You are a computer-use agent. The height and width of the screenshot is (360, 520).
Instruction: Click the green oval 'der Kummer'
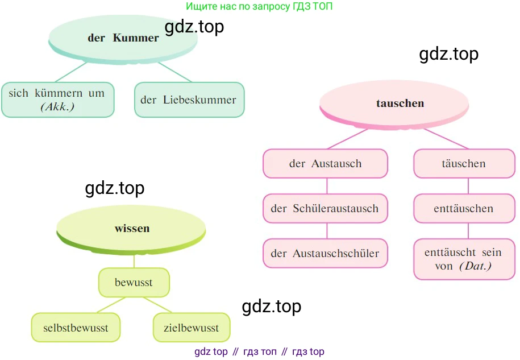pyautogui.click(x=123, y=38)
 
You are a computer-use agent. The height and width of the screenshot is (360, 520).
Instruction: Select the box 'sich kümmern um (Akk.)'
pyautogui.click(x=57, y=100)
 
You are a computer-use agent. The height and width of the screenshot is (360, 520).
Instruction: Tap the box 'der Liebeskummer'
pyautogui.click(x=189, y=100)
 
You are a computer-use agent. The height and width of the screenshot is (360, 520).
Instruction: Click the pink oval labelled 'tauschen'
pyautogui.click(x=400, y=104)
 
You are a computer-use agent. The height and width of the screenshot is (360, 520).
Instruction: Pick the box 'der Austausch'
pyautogui.click(x=325, y=164)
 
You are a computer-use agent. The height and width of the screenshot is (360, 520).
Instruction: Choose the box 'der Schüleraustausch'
pyautogui.click(x=325, y=208)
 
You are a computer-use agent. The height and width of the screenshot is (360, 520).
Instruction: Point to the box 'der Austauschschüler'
pyautogui.click(x=325, y=253)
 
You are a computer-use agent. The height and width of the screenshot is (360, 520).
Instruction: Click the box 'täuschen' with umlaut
pyautogui.click(x=463, y=164)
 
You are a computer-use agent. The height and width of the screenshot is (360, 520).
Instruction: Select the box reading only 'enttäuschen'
pyautogui.click(x=463, y=208)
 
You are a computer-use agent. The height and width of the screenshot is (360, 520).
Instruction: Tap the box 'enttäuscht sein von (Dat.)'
pyautogui.click(x=463, y=259)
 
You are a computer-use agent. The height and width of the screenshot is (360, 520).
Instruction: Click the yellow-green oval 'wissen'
pyautogui.click(x=132, y=229)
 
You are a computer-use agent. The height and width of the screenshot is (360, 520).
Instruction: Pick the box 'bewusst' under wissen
pyautogui.click(x=134, y=283)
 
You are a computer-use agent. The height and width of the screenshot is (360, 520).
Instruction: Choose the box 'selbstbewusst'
pyautogui.click(x=76, y=328)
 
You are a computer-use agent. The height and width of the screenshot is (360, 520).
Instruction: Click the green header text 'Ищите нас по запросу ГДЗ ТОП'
pyautogui.click(x=259, y=7)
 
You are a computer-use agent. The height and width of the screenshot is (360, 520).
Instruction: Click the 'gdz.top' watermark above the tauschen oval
pyautogui.click(x=448, y=54)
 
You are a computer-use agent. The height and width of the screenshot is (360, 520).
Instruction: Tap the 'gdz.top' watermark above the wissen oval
pyautogui.click(x=114, y=188)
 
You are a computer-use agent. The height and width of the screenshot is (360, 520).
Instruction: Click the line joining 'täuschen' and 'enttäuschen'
pyautogui.click(x=468, y=186)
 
